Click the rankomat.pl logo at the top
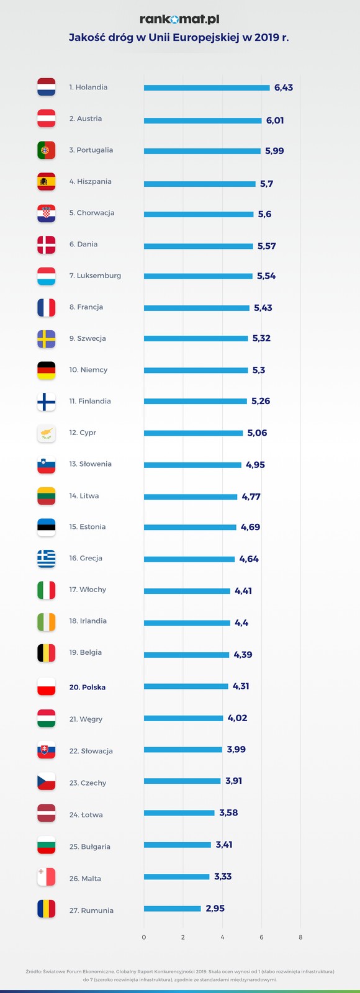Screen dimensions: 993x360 [179, 20]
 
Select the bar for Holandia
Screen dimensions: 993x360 [207, 88]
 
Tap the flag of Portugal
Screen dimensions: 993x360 [47, 150]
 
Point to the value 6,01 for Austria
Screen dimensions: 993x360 [275, 120]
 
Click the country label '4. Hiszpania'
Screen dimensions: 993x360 [91, 181]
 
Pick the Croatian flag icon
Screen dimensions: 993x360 [47, 213]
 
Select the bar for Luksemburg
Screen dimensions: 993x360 [198, 276]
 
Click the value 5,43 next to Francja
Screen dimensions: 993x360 [263, 308]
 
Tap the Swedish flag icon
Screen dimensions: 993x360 [47, 339]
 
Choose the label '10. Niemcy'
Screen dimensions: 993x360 [88, 370]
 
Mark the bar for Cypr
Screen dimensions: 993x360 [193, 433]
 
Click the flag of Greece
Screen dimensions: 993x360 [47, 559]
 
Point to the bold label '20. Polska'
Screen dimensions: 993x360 [88, 687]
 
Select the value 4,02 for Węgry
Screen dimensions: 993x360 [238, 718]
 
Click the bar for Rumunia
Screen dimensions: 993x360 [173, 909]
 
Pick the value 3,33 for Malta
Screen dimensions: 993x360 [223, 876]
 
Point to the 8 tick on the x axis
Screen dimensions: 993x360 [300, 937]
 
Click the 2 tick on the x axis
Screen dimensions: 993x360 [183, 937]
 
